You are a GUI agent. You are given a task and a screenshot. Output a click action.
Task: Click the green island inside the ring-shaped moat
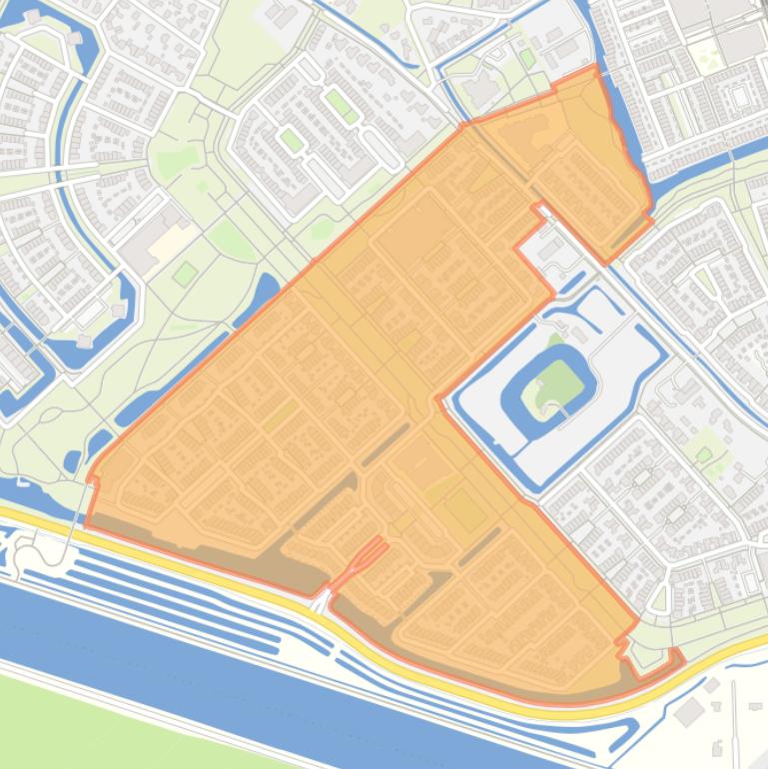(x=556, y=385)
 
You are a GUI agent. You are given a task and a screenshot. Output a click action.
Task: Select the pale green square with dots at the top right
(x=706, y=55)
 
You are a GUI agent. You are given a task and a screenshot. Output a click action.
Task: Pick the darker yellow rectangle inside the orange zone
(x=464, y=509)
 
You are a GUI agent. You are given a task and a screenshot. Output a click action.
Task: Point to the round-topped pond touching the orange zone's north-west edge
(x=264, y=290)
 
